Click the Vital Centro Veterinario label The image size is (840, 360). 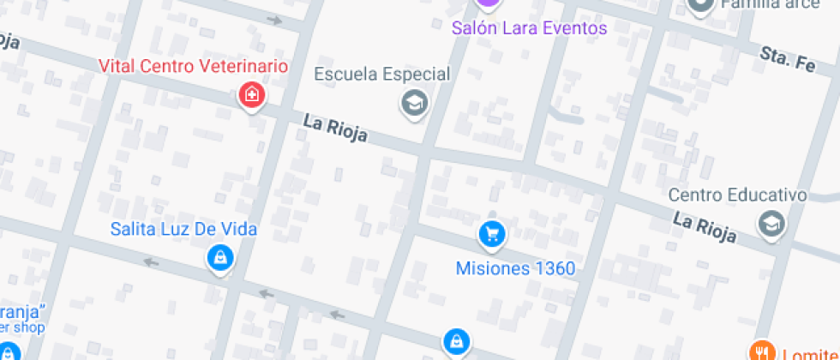193,66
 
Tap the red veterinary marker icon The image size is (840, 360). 252,94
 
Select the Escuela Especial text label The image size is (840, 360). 381,75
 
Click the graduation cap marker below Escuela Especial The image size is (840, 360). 415,104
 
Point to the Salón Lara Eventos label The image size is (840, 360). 529,28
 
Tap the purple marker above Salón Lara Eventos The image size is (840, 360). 488,3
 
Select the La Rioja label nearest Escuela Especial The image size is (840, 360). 335,129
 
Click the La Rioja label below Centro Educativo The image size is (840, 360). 705,228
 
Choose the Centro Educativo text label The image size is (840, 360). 737,195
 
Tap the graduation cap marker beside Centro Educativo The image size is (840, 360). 771,224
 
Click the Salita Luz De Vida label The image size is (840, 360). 183,230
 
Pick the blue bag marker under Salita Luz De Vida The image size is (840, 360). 220,258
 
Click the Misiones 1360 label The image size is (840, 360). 515,268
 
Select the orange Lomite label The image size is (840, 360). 807,353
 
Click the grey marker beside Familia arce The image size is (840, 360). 700,5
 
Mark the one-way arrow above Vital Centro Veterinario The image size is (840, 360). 274,20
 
